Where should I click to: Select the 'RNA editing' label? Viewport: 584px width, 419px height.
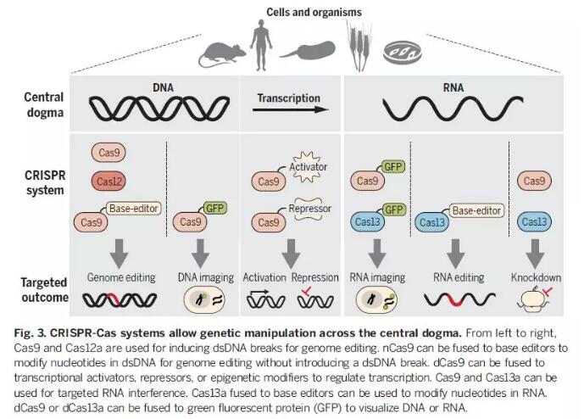459,277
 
